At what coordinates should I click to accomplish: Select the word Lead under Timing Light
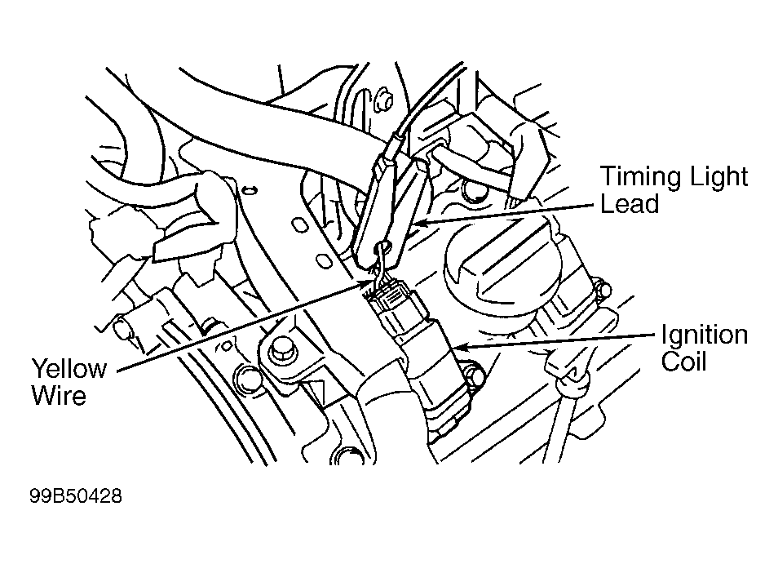629,203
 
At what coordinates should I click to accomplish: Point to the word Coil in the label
683,361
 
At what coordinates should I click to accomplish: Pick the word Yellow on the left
69,369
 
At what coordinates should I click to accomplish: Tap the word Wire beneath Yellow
58,396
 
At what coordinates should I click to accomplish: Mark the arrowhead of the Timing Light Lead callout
416,220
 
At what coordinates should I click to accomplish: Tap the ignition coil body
432,367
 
